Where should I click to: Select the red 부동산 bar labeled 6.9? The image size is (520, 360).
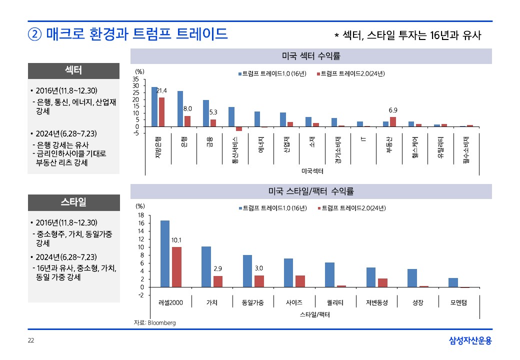point(392,121)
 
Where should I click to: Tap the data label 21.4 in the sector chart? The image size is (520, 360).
point(161,90)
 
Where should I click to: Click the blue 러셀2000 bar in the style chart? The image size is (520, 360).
point(165,253)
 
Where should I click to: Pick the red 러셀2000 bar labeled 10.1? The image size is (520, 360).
point(176,267)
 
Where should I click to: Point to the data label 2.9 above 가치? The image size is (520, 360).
point(217,269)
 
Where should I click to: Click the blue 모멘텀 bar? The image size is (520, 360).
point(453,282)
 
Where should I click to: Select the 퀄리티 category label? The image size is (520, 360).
point(335,302)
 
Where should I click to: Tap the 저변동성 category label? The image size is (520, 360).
point(376,302)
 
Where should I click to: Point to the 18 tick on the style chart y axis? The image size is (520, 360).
point(141,215)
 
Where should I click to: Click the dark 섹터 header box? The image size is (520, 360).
point(73,70)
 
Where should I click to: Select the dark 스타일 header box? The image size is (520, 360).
point(73,202)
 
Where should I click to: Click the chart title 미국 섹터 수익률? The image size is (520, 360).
point(311,55)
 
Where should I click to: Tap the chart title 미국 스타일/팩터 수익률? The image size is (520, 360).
point(311,191)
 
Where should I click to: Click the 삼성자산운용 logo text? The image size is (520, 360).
point(470,341)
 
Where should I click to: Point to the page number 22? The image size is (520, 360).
point(30,341)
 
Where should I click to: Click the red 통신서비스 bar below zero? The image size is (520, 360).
point(239,129)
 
